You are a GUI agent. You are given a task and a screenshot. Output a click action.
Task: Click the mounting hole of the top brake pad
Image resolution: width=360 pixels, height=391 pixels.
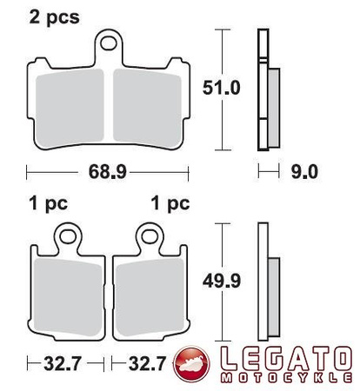pos(110,40)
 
